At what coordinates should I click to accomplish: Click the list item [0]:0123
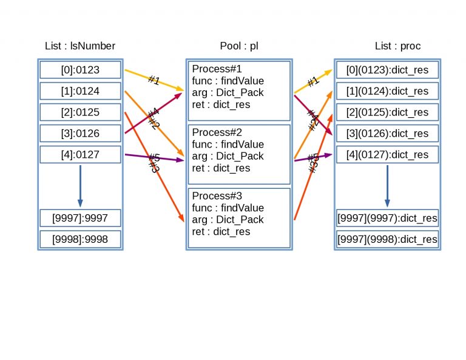[80, 70]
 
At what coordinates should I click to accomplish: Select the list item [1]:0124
[80, 92]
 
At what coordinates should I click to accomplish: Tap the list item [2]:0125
[80, 113]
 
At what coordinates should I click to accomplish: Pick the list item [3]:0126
[80, 134]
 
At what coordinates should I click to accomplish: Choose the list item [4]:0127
[80, 155]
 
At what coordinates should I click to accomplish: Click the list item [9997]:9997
[80, 218]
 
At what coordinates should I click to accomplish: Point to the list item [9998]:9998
[80, 239]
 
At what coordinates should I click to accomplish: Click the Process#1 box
[239, 91]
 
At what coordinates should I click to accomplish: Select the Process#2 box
[239, 155]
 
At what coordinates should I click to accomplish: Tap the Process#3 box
[239, 218]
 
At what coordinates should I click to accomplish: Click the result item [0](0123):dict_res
[387, 70]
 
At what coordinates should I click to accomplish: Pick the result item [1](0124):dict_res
[387, 92]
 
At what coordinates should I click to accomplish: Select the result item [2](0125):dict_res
[387, 113]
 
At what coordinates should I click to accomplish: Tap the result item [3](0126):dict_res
[387, 134]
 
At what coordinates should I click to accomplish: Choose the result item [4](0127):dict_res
[387, 155]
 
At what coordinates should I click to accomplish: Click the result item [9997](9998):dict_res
[387, 239]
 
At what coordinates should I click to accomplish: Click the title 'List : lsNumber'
[80, 46]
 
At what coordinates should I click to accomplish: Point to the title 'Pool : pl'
[239, 46]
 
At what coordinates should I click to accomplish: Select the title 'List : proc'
[397, 46]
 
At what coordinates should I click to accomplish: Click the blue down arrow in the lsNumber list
[80, 186]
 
